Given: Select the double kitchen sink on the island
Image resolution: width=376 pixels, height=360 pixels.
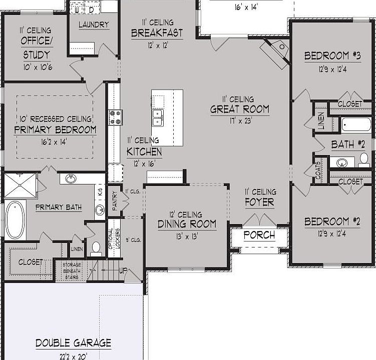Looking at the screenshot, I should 158,117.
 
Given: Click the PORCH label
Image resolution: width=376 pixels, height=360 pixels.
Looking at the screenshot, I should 259,235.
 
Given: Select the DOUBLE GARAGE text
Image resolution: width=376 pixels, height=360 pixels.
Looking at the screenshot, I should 73,343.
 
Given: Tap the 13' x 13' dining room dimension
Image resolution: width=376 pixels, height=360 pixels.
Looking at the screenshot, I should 187,236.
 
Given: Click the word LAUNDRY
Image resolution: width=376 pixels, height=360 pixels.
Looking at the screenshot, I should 94,24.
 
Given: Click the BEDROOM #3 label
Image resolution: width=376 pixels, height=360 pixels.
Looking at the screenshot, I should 326,56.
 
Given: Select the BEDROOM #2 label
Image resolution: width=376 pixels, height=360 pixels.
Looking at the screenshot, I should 326,221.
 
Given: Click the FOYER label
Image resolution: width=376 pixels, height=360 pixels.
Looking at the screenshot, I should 259,202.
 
